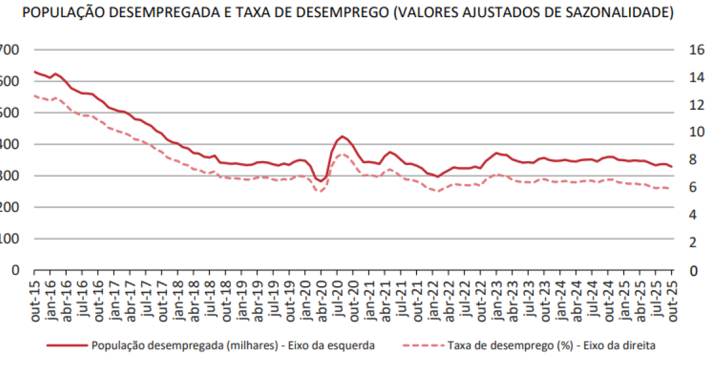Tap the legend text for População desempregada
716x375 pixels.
tap(233, 346)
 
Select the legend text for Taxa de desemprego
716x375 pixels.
tap(552, 346)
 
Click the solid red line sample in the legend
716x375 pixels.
tap(66, 346)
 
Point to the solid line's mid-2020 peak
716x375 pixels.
tap(342, 136)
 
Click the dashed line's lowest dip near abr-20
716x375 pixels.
tap(321, 191)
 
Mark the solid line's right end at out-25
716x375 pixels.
tap(672, 167)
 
